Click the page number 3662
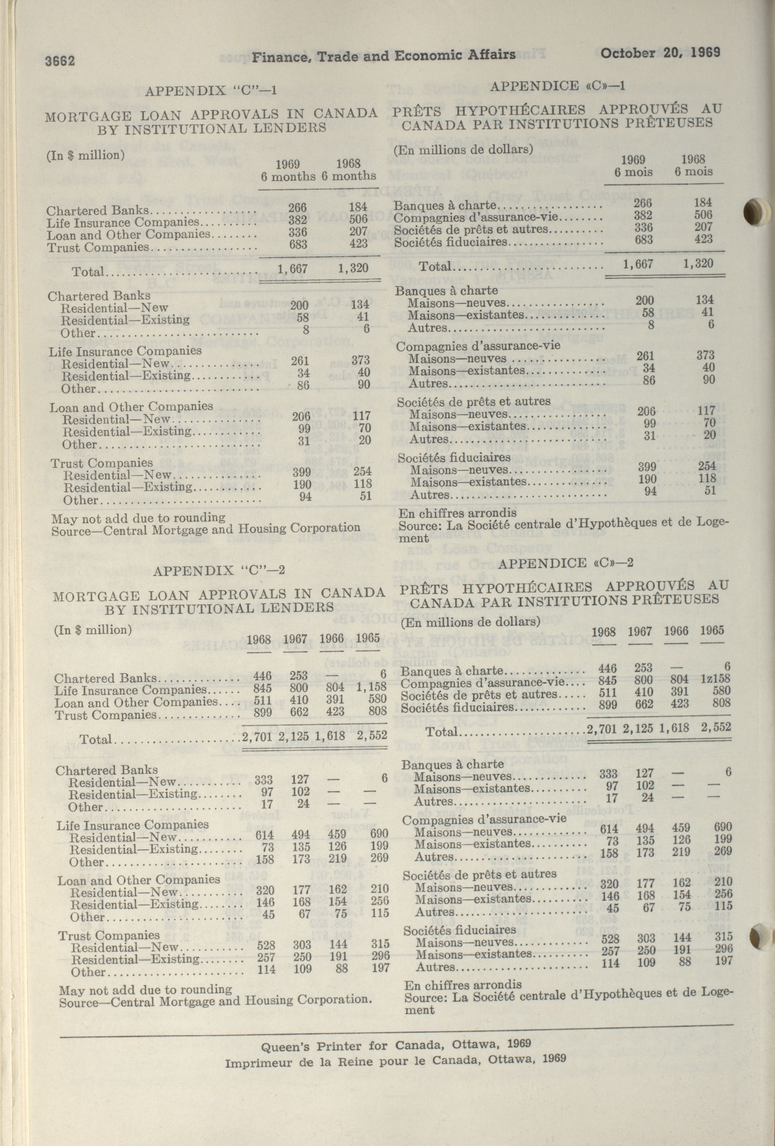tap(60, 61)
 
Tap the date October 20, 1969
tap(660, 52)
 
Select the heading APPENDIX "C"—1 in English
tap(211, 90)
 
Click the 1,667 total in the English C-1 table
tap(292, 269)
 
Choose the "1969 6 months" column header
tap(288, 170)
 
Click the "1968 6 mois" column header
tap(693, 165)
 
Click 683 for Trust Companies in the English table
tap(298, 244)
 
